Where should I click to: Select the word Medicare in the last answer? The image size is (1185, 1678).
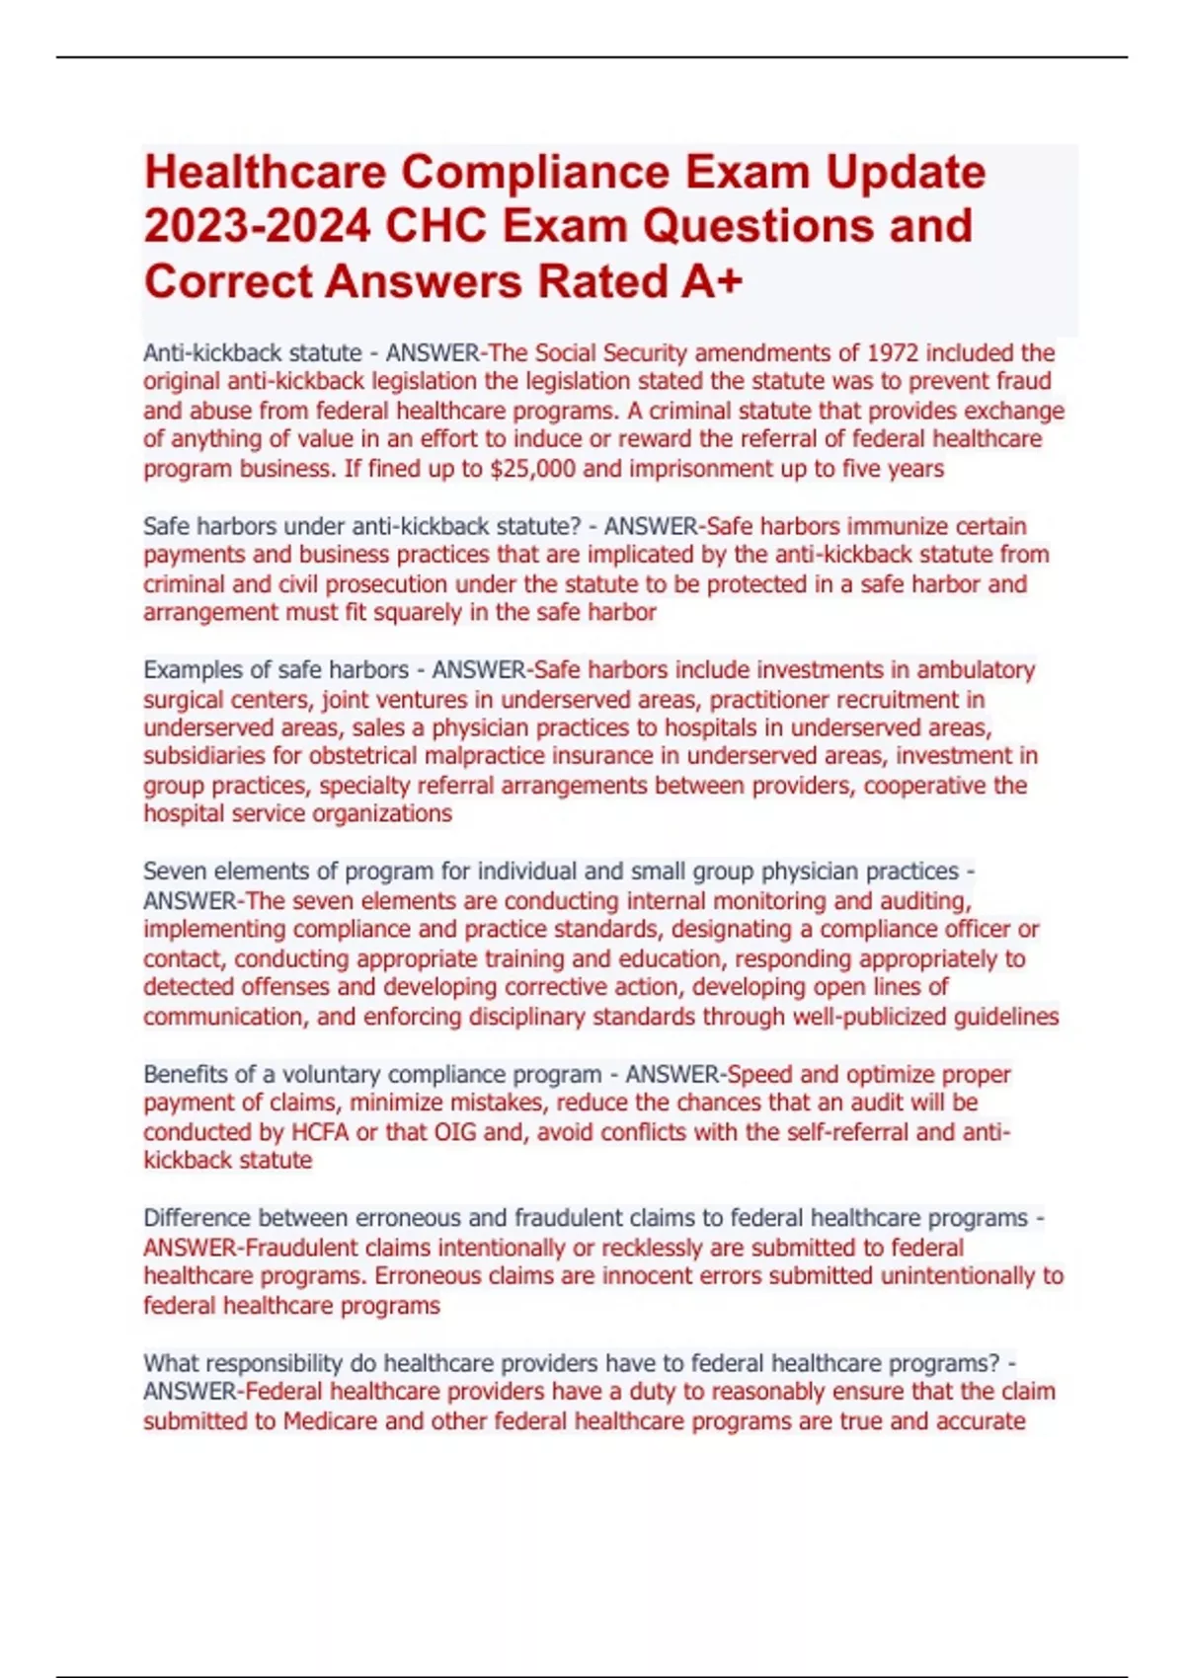click(330, 1421)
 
